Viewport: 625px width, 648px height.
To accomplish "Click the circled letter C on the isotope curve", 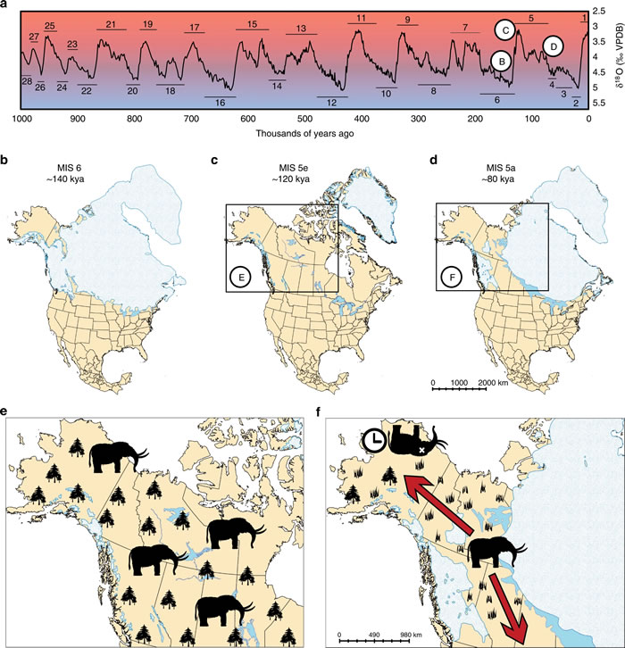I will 506,30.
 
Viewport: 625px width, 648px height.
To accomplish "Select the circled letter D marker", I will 554,45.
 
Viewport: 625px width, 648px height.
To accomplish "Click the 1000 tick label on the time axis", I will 24,120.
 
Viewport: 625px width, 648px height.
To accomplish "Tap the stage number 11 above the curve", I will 361,19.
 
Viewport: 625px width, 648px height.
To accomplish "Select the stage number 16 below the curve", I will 220,103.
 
